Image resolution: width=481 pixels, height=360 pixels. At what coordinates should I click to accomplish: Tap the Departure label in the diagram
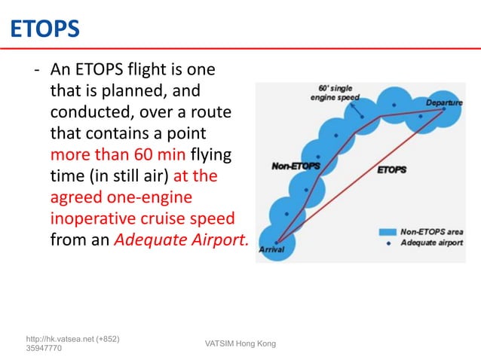coord(444,102)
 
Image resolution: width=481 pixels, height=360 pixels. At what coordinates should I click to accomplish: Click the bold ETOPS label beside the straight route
coord(391,169)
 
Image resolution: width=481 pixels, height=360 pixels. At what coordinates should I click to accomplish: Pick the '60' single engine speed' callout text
coord(336,93)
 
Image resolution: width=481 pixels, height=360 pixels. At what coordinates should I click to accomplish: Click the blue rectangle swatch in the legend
coord(388,233)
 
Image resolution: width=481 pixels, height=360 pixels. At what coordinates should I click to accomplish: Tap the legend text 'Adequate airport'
coord(431,243)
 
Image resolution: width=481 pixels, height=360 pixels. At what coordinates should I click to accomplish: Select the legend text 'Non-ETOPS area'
coord(430,232)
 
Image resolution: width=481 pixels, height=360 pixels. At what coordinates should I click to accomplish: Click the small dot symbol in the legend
coord(388,243)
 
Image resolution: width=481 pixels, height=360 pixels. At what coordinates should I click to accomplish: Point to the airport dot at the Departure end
coord(444,109)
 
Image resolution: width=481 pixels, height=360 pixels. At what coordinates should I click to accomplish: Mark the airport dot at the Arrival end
coord(277,242)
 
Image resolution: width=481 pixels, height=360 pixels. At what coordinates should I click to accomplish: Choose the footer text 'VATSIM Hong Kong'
coord(240,344)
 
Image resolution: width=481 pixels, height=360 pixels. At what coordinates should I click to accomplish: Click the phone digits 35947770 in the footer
coord(44,349)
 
